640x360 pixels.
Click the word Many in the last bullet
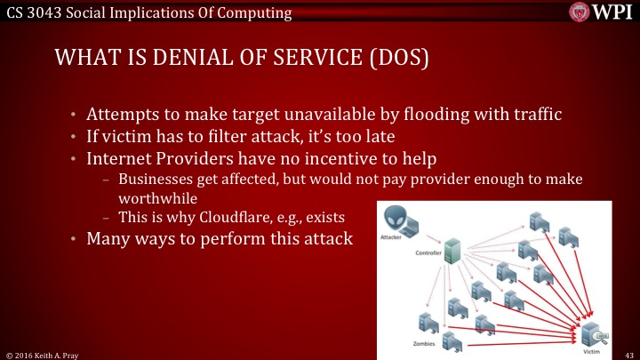pos(108,239)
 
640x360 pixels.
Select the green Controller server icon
pos(453,250)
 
